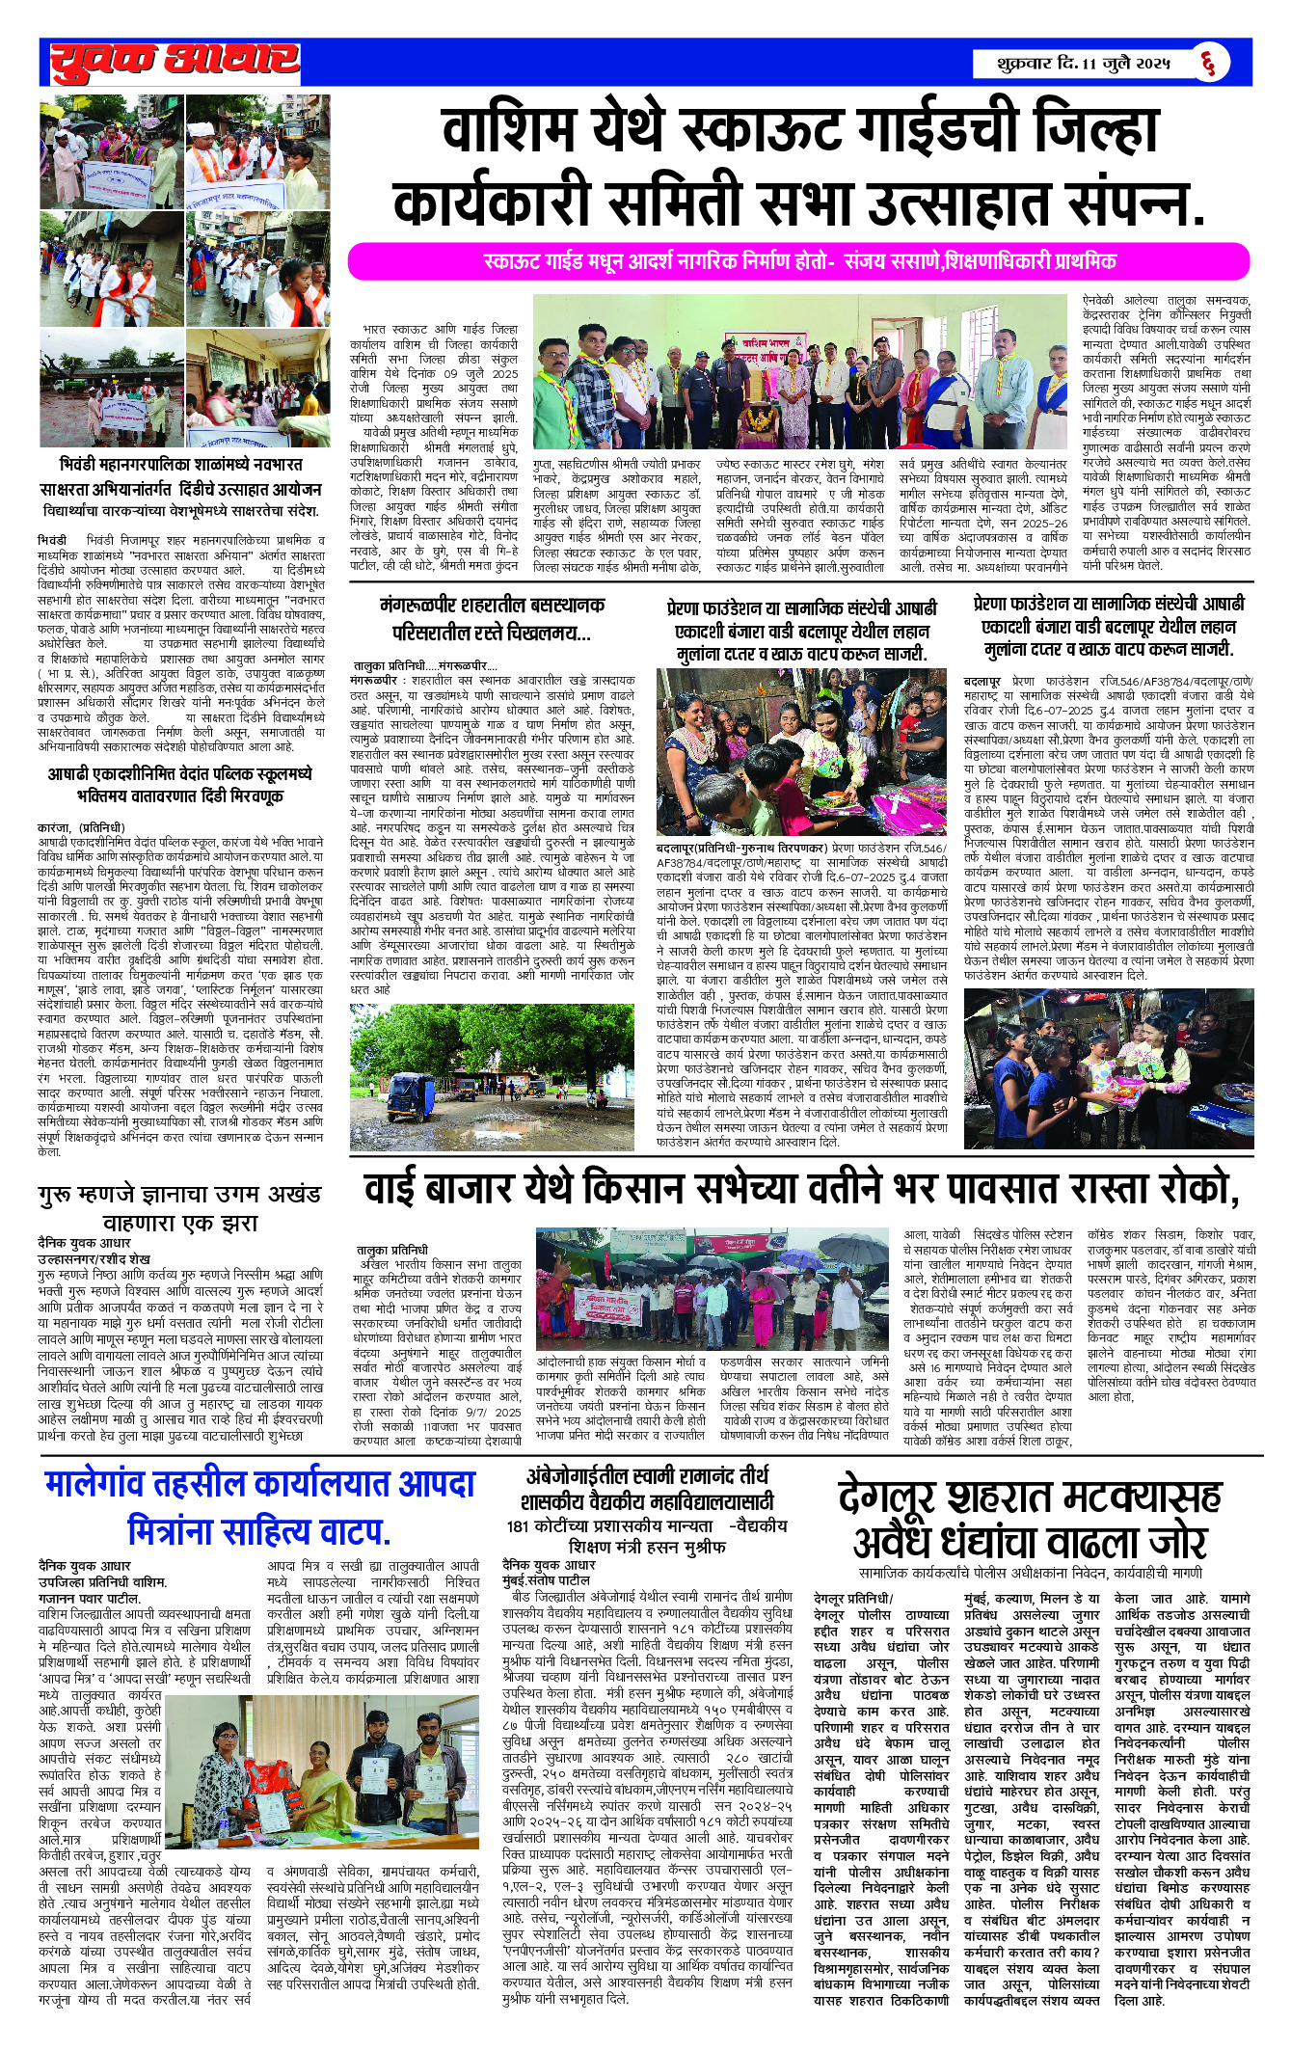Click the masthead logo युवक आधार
click(x=174, y=62)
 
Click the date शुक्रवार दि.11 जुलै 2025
click(x=1084, y=65)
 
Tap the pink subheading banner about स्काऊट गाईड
click(x=798, y=261)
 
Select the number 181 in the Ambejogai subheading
click(x=519, y=1525)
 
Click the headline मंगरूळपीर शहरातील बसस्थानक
click(x=492, y=606)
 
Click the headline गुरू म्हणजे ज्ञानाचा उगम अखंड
click(x=179, y=1196)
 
